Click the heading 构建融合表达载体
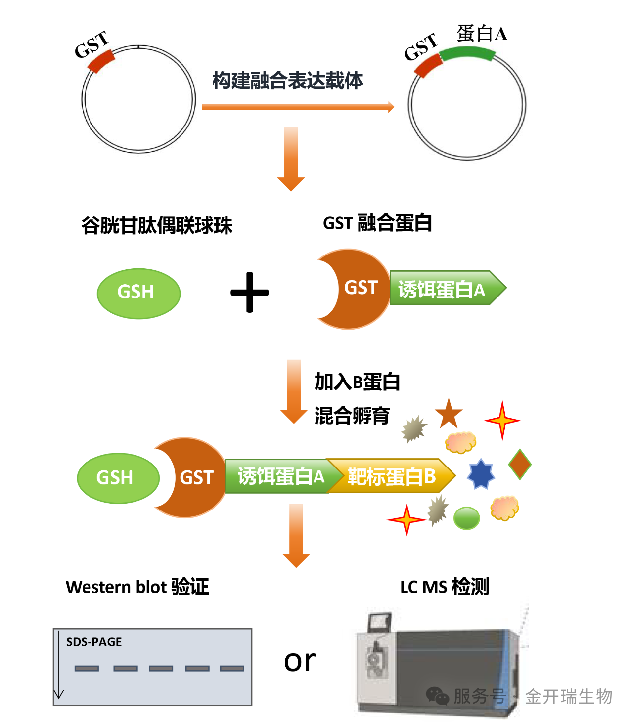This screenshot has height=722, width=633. (288, 81)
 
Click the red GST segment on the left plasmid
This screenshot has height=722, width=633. (101, 61)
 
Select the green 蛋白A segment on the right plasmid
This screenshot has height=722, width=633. (467, 53)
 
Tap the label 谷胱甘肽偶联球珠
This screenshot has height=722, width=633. (157, 225)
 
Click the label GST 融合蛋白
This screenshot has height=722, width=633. (377, 223)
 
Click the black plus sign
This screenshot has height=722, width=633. (250, 292)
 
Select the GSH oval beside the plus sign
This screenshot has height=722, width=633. (138, 294)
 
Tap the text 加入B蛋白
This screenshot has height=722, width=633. (357, 382)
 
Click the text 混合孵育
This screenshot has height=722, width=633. (352, 416)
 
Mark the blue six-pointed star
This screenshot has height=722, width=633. (481, 473)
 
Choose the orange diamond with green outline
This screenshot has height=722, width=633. (520, 464)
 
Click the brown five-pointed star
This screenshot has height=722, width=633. (449, 414)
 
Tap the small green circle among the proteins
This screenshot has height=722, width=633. (466, 518)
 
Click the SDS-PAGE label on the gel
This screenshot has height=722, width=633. (94, 642)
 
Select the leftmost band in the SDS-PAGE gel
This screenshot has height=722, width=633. (87, 668)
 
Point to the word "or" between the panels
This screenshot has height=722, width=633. (300, 660)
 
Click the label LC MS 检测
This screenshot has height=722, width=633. (444, 587)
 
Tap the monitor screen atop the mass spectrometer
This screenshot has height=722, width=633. (379, 621)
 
